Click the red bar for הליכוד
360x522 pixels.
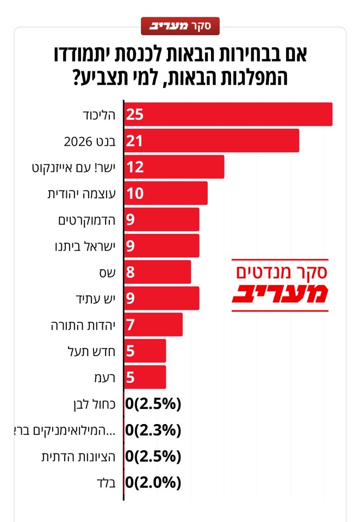coord(228,115)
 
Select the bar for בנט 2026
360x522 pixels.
coord(212,141)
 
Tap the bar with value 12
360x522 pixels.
coord(175,167)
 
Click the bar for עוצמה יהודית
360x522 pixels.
coord(166,193)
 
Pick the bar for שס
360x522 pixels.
coord(158,272)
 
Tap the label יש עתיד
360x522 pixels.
coord(96,299)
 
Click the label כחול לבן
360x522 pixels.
coord(93,403)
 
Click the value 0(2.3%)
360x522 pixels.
coord(153,430)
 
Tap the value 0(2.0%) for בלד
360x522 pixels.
coord(153,482)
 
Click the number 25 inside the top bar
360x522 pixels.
coord(134,115)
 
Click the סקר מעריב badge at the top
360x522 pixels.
coord(180,24)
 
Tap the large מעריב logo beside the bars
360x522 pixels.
coord(280,294)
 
